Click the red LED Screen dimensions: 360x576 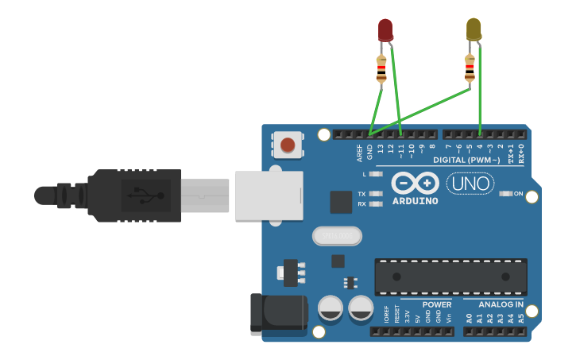coord(385,29)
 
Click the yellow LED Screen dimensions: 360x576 coord(474,29)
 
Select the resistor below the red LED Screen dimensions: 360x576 coord(382,72)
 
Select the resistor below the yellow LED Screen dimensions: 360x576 coord(470,72)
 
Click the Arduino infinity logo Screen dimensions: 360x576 coord(415,184)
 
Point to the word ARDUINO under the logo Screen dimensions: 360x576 coord(416,201)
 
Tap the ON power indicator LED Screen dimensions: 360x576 coord(504,194)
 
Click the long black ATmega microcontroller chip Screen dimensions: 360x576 coord(450,276)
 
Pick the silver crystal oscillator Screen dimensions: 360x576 coord(337,236)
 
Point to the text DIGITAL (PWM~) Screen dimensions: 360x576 coord(466,161)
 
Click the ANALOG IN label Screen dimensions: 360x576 coord(501,304)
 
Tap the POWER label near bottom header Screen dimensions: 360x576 coord(437,304)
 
